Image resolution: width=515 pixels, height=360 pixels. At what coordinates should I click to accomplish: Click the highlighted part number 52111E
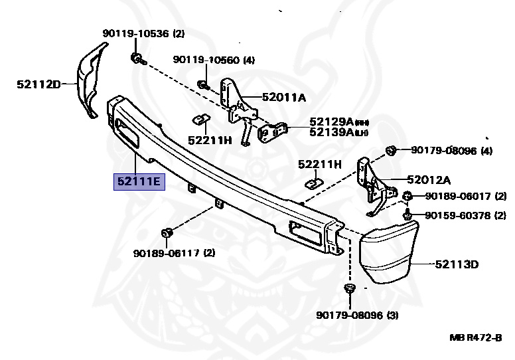pos(139,180)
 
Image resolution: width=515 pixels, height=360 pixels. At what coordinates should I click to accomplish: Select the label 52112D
pos(38,84)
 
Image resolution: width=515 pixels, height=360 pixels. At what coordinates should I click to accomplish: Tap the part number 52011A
pos(283,98)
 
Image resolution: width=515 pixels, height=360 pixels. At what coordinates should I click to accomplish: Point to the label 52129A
pos(331,122)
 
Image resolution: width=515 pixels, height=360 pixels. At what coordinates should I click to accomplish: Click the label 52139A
pos(331,133)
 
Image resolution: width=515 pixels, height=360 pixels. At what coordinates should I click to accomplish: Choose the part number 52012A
pos(429,179)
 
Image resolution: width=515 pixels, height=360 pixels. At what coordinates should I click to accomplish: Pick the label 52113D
pos(457,264)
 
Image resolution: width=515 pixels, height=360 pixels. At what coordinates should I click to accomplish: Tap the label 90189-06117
pos(165,253)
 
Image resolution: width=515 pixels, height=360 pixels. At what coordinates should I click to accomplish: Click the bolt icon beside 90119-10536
pos(135,58)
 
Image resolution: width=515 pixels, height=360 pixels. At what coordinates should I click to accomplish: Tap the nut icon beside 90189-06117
pos(167,232)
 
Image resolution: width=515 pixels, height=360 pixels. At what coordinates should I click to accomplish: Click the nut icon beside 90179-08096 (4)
pos(391,150)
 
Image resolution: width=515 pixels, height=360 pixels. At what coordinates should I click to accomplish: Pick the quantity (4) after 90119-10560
pos(248,60)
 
